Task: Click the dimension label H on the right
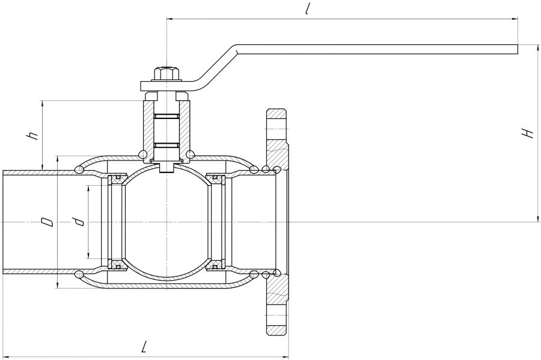pos(528,133)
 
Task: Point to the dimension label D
pos(47,222)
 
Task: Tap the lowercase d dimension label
pos(79,222)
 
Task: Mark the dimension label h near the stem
pos(34,135)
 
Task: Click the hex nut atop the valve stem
pos(165,74)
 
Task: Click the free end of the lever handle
pos(515,49)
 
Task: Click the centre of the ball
pos(166,222)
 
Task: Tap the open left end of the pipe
pos(4,222)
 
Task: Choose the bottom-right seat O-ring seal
pos(215,266)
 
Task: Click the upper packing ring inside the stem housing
pos(166,115)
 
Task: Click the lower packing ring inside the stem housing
pos(166,145)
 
